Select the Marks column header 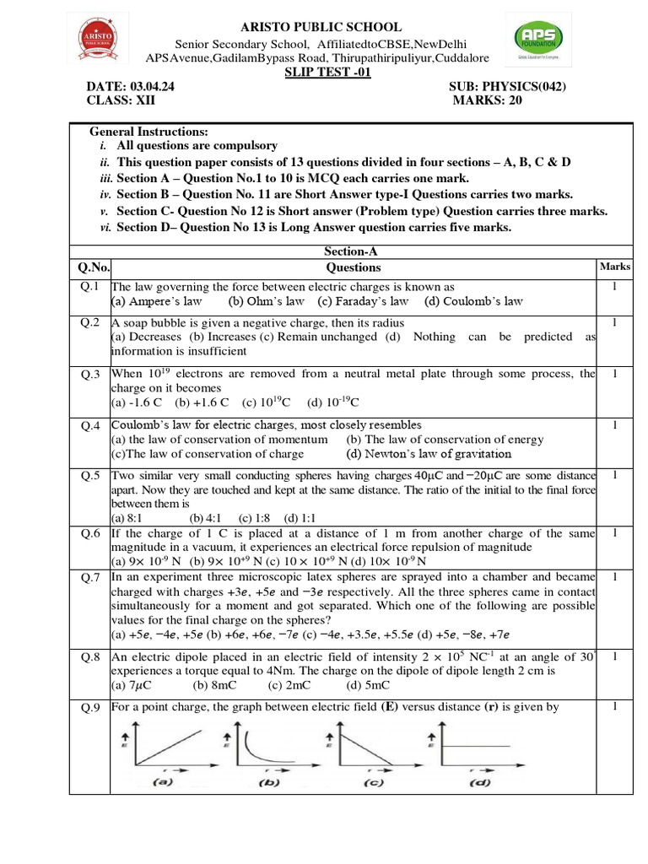[x=614, y=267]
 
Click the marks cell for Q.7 [x=614, y=576]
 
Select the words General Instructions [x=148, y=132]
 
